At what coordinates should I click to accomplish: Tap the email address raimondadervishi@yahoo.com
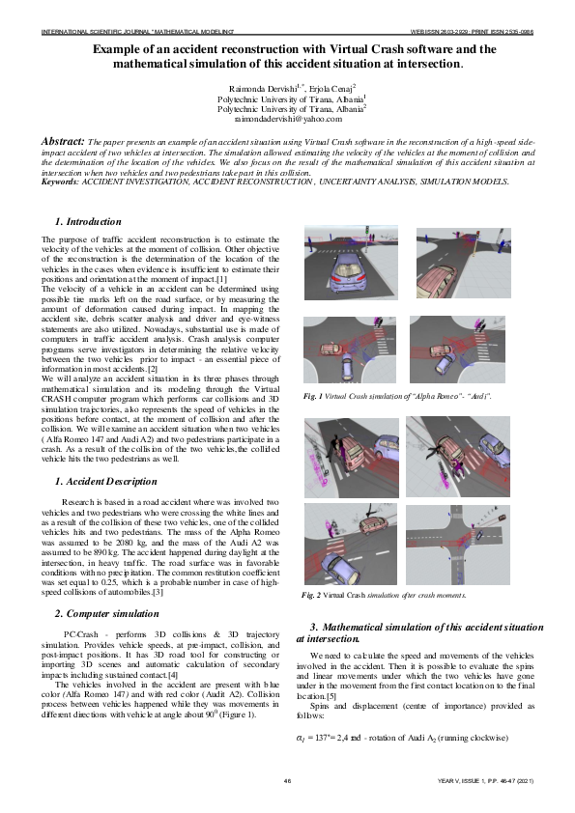287,119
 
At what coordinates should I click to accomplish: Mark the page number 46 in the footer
287,780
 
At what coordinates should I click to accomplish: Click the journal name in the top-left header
126,31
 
